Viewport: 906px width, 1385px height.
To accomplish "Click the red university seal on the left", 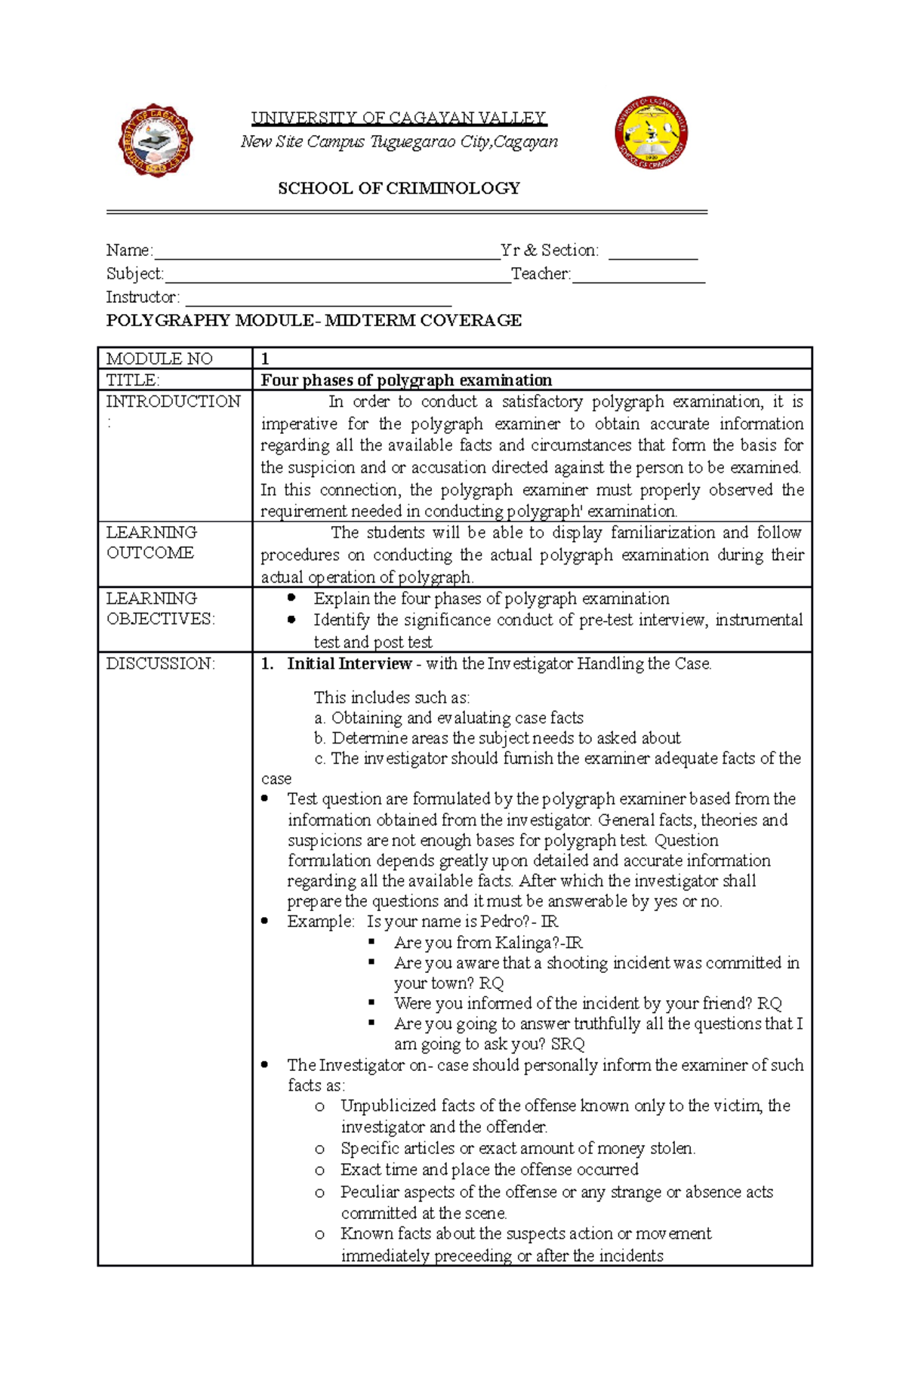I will coord(156,141).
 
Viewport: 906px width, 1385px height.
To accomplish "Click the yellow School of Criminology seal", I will coord(651,133).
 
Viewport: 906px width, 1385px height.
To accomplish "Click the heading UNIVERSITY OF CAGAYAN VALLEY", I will coord(399,118).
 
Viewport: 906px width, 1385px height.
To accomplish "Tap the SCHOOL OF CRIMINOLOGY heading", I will coord(399,188).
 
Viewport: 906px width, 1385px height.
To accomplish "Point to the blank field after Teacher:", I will coord(638,275).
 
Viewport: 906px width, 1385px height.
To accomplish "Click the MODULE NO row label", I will coord(159,359).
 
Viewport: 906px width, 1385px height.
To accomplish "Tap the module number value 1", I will coord(265,359).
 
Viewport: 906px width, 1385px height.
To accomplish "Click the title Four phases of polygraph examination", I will coord(406,380).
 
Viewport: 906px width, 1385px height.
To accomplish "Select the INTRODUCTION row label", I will coord(173,402).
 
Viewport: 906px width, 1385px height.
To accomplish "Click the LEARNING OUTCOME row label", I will coord(151,543).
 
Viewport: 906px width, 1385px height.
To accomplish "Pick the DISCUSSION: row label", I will coord(160,663).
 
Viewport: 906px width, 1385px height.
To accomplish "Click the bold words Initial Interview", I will coord(349,663).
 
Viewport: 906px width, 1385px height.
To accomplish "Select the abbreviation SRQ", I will coord(567,1044).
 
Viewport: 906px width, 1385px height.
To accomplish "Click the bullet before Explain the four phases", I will coord(291,598).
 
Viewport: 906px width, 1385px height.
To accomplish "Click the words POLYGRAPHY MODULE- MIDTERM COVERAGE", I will coord(313,320).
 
